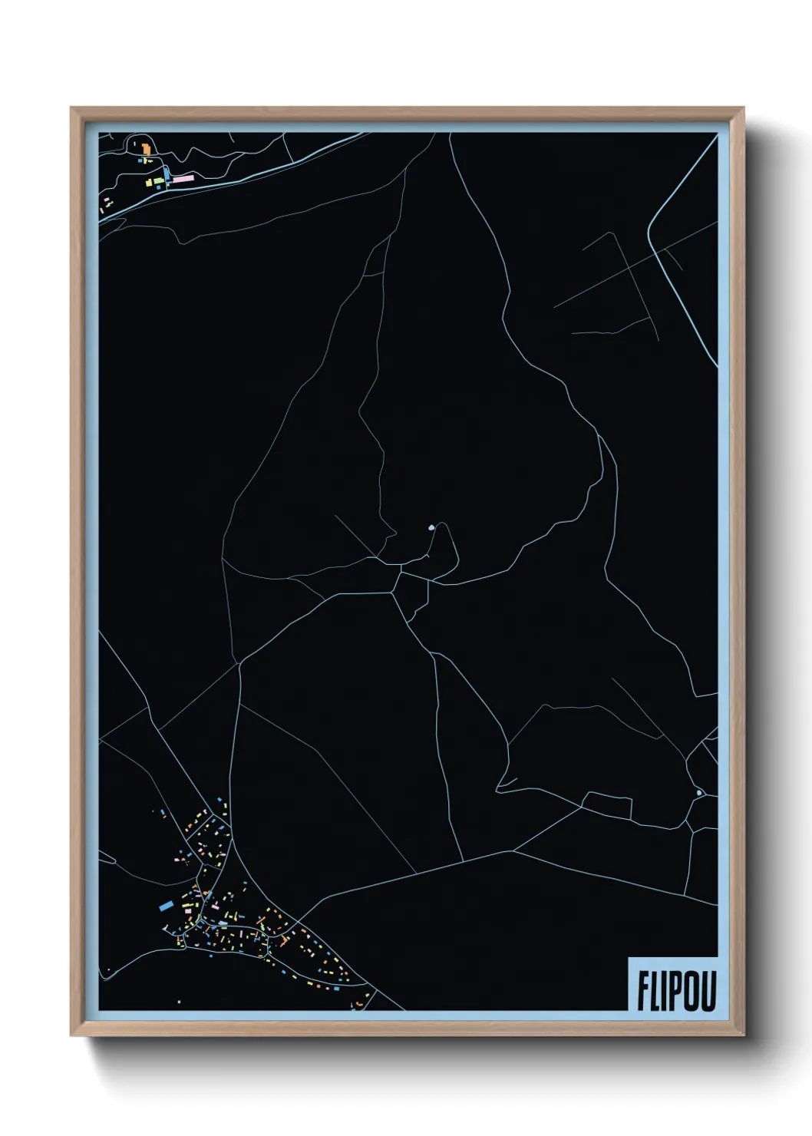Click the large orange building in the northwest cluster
(146, 148)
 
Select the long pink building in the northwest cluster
(183, 178)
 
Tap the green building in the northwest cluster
(160, 180)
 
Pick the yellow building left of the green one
(150, 182)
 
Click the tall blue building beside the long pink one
(167, 173)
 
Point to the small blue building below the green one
(159, 187)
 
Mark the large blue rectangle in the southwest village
(166, 906)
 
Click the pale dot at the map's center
(431, 528)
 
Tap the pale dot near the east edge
(698, 792)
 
